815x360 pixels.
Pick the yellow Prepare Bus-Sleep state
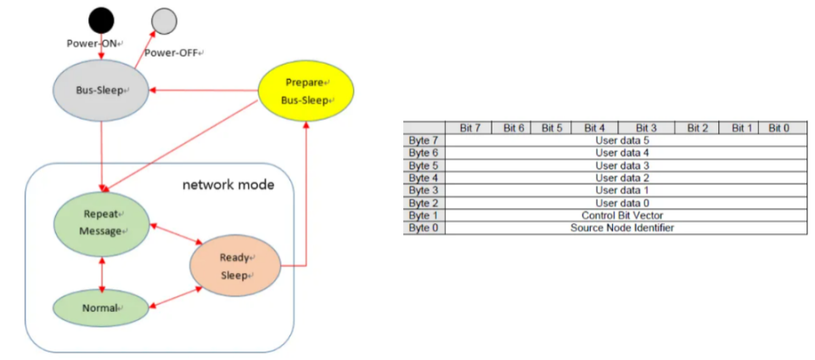click(305, 91)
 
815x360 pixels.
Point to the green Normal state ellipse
click(101, 307)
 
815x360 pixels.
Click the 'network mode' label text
click(228, 184)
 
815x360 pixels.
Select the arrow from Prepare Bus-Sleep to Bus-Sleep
click(204, 89)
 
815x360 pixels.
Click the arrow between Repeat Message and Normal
click(102, 273)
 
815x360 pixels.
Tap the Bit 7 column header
click(469, 127)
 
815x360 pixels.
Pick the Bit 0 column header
click(778, 127)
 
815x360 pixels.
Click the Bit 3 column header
click(646, 127)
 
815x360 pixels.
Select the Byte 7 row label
click(424, 140)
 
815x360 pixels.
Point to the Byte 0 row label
click(424, 228)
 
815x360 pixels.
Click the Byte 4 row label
click(424, 177)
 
